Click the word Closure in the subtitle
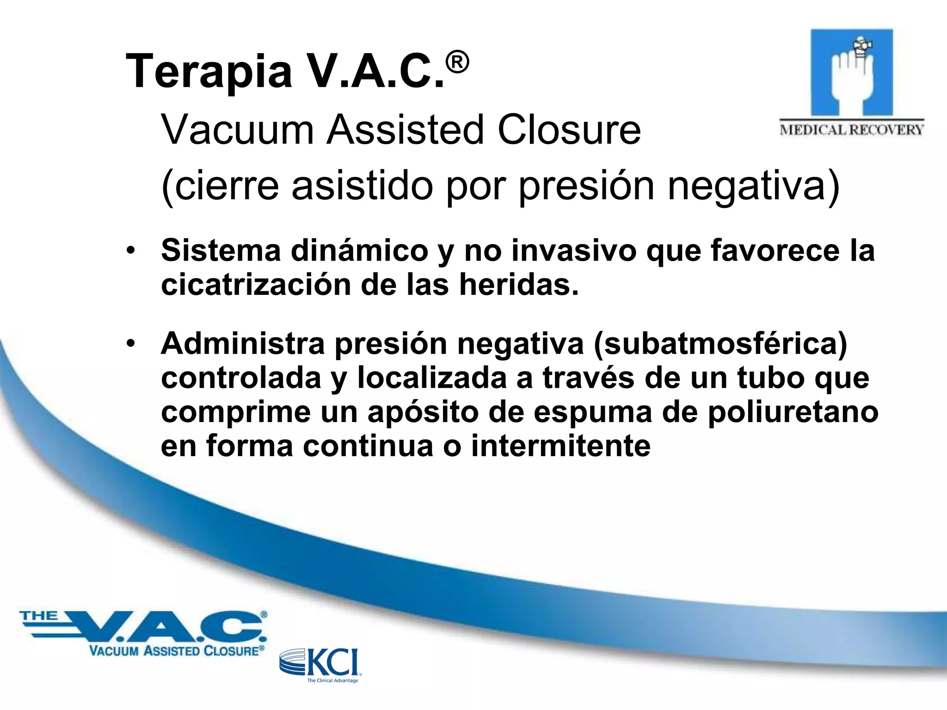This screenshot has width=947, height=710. (569, 130)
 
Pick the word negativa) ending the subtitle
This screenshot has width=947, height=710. (753, 186)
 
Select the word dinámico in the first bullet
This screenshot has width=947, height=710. (360, 251)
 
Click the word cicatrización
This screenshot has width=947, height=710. (256, 285)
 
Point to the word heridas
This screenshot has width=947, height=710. (518, 285)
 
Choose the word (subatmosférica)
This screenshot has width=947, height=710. (720, 344)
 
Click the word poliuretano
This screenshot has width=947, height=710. (793, 412)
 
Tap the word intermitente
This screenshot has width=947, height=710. (560, 446)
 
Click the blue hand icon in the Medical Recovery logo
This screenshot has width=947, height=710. (851, 73)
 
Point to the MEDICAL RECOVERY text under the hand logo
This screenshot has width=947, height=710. (851, 129)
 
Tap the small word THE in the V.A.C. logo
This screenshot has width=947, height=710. (38, 616)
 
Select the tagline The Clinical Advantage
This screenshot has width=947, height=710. (332, 680)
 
